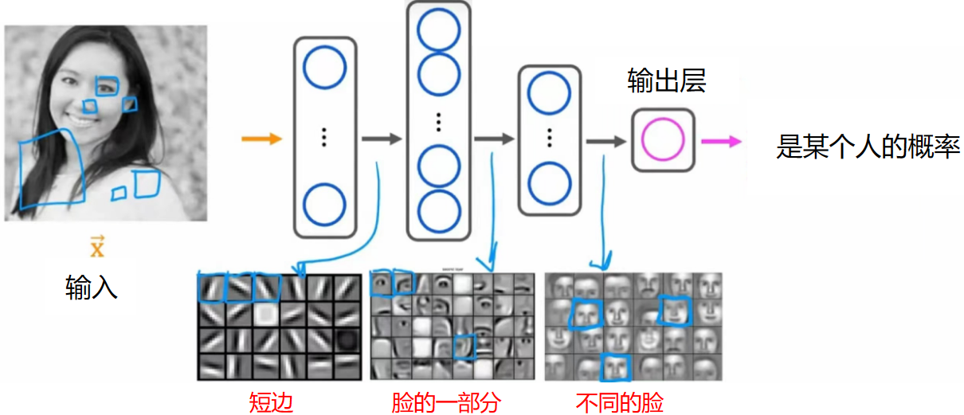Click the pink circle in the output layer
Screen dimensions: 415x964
[663, 139]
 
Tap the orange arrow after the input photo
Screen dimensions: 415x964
[262, 139]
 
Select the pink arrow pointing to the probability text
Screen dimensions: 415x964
[721, 142]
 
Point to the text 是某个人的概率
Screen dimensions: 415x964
[868, 147]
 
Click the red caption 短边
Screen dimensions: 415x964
[271, 402]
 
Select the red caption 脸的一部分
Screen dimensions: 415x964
[446, 402]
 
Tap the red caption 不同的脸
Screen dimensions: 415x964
[619, 402]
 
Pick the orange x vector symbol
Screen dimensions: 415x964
[96, 248]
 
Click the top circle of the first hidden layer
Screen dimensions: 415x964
[324, 67]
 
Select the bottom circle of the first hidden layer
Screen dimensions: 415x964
[324, 205]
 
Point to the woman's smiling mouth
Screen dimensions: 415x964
[80, 119]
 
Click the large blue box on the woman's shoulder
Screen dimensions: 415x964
[52, 170]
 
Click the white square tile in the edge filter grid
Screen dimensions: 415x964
[266, 316]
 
